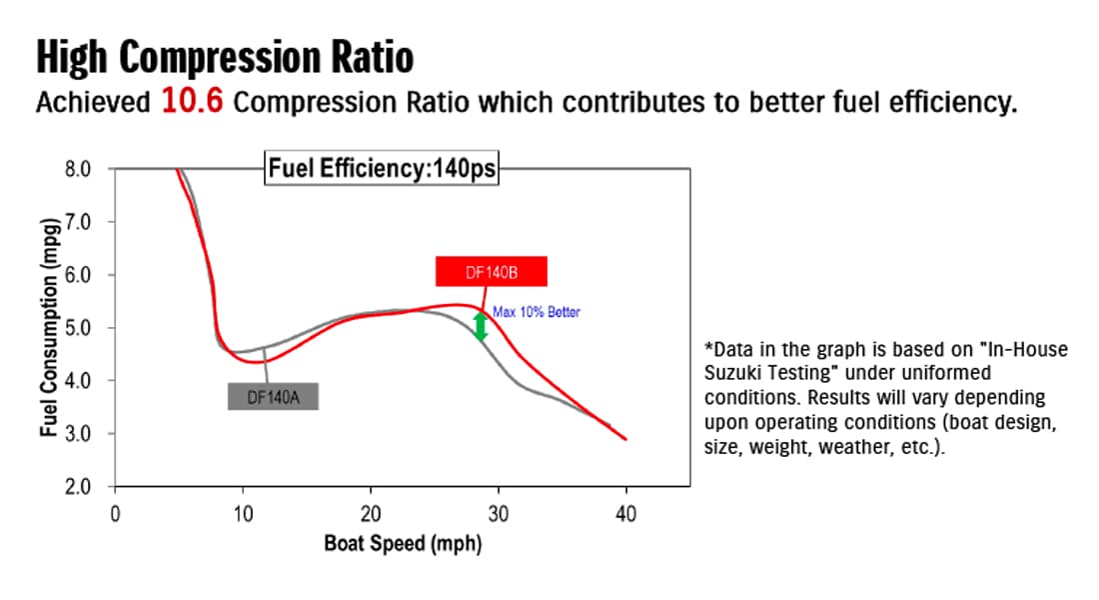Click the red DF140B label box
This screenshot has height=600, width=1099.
click(491, 272)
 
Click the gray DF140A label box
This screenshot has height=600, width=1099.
click(273, 396)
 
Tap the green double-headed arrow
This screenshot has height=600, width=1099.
click(481, 326)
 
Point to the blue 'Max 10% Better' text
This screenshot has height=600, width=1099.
click(537, 312)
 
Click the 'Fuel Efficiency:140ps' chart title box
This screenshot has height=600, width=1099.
click(382, 168)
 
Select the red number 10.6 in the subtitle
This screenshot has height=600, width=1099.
click(192, 100)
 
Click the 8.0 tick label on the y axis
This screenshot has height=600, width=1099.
click(78, 169)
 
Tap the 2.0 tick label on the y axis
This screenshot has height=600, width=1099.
click(78, 486)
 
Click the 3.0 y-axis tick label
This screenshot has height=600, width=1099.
click(78, 434)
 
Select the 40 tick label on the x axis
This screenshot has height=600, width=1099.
click(625, 514)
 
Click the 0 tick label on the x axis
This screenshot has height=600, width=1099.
click(115, 514)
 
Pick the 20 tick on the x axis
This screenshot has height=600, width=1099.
click(371, 514)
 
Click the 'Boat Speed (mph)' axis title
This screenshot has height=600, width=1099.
click(403, 544)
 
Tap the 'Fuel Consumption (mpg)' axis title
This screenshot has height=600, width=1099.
click(49, 327)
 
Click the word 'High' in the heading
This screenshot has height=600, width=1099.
click(72, 57)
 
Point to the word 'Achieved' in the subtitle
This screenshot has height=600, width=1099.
click(93, 102)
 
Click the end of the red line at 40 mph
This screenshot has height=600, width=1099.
click(625, 439)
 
